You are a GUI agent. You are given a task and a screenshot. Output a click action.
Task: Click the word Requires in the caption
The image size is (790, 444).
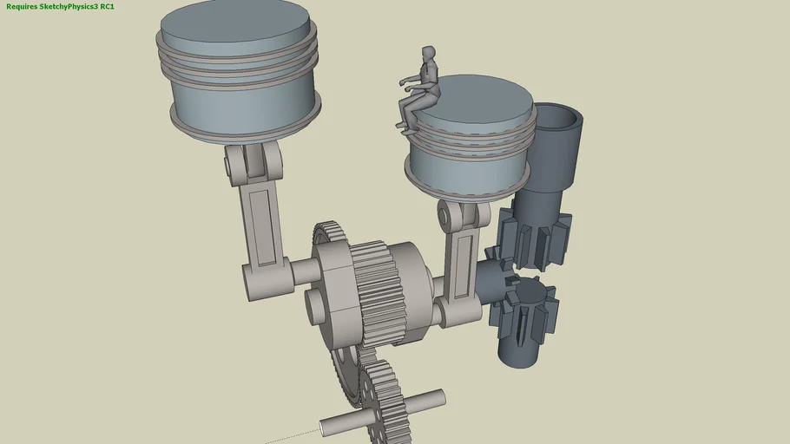coord(22,6)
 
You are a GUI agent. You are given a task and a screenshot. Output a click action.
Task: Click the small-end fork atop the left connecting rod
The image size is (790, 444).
coord(252,160)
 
